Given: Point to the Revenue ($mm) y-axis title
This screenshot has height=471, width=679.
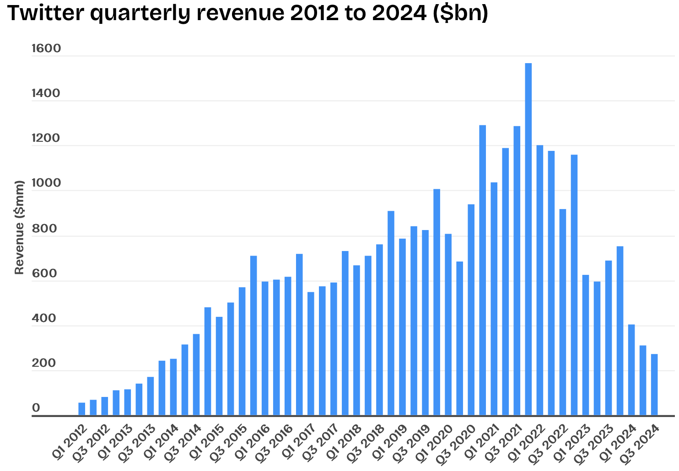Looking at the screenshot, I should [x=19, y=227].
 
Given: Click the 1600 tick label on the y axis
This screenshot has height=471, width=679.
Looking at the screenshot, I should [x=46, y=49].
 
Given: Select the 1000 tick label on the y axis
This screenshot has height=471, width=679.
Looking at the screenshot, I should [x=46, y=183].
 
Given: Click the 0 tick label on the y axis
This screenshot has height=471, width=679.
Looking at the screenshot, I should [x=36, y=408].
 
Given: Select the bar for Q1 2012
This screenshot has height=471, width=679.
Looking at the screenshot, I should [x=81, y=409].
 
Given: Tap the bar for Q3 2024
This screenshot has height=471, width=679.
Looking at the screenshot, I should [x=654, y=385].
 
